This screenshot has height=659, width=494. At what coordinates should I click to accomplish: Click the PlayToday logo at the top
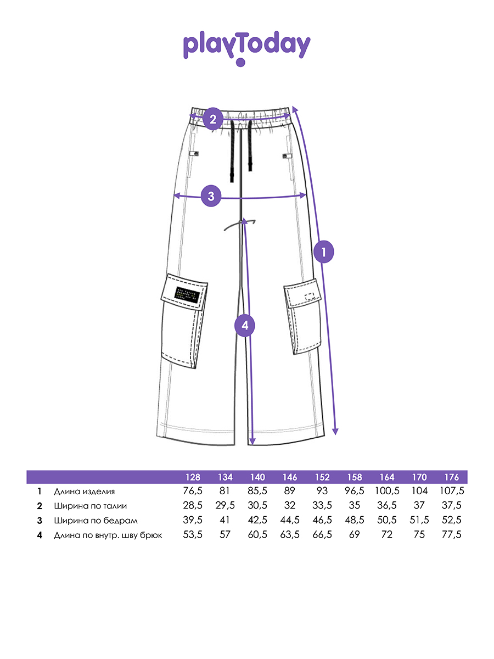click(246, 47)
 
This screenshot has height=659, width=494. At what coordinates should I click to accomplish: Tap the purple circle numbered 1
click(324, 252)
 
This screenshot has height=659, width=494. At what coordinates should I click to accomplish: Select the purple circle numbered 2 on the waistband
click(212, 119)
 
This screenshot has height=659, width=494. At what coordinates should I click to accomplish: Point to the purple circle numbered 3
click(211, 196)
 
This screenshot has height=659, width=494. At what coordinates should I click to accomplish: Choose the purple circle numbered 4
click(245, 326)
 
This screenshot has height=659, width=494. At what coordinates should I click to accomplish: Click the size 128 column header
click(193, 477)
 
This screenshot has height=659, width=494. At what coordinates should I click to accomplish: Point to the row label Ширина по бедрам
click(96, 520)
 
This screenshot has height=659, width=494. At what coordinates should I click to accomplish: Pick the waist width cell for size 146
click(290, 506)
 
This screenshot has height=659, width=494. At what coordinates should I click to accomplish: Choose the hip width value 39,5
click(193, 520)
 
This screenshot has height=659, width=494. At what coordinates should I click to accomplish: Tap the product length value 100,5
click(388, 492)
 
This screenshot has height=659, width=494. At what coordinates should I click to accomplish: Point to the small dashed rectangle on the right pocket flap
click(310, 297)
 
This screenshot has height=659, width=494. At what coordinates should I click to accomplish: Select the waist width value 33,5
click(322, 506)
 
